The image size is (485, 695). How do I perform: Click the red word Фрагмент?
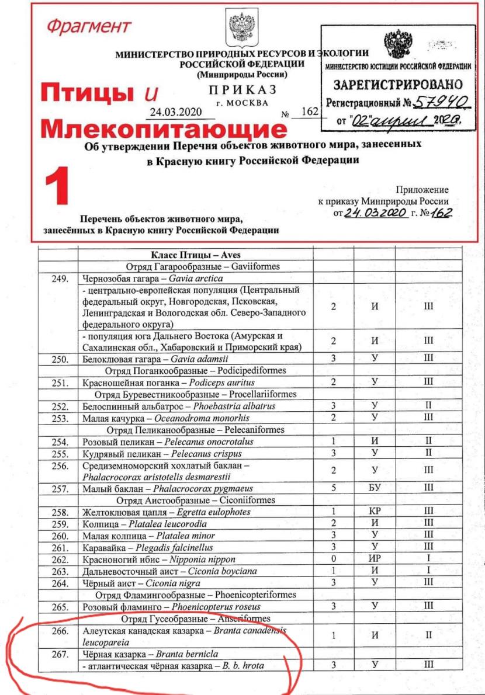(x=89, y=27)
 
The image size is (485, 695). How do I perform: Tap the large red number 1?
(x=58, y=186)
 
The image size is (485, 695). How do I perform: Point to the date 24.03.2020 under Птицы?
(x=167, y=112)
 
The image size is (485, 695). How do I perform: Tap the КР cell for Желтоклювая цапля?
(x=375, y=512)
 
